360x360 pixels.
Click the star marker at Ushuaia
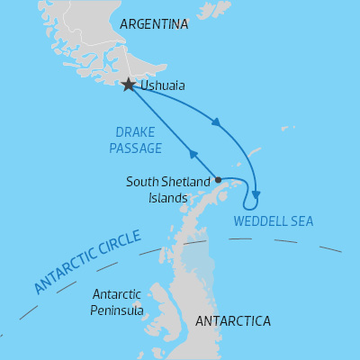coord(129,85)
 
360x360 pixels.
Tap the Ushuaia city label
coord(164,87)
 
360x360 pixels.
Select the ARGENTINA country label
coord(155,24)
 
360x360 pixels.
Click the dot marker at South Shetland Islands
coord(219,179)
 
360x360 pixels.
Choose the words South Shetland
coord(168,183)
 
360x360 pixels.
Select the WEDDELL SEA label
coord(274,220)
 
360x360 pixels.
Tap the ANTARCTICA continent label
coord(233,320)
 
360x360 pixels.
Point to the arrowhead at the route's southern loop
coord(256,192)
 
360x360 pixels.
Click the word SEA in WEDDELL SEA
coord(301,220)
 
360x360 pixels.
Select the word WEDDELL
coord(260,220)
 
